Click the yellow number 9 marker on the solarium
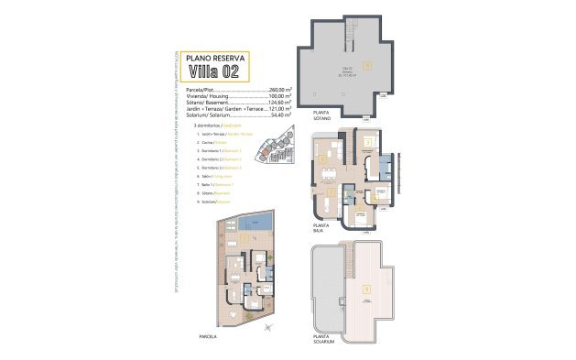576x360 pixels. pyautogui.click(x=366, y=290)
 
